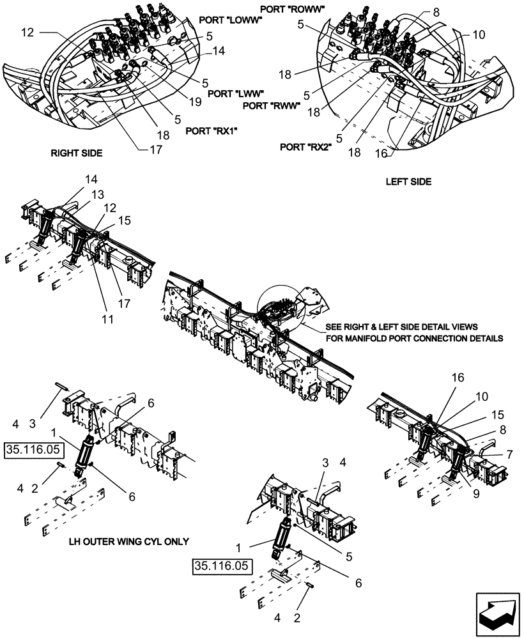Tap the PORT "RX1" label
[x=211, y=130]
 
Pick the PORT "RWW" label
[x=271, y=105]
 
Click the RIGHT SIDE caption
[x=76, y=154]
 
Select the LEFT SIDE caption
[x=408, y=181]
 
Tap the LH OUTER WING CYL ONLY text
[x=128, y=541]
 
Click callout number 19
[x=194, y=102]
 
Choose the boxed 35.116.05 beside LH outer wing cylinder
[x=31, y=450]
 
